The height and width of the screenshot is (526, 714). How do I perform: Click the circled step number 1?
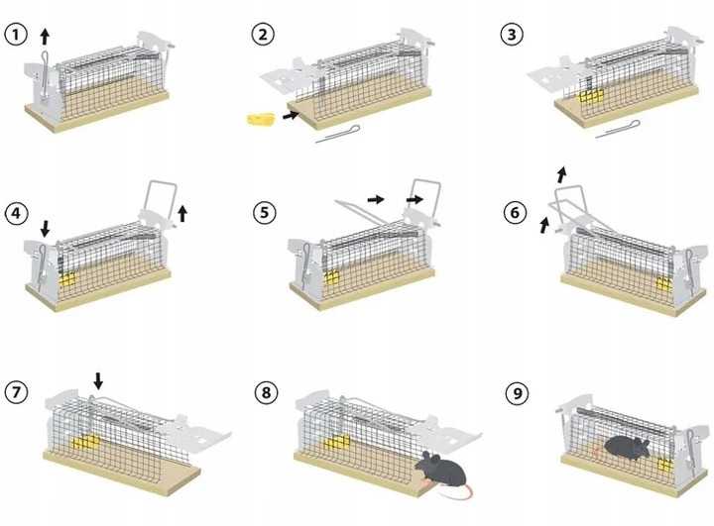coord(15,36)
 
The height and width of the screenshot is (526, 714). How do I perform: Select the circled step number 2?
coord(262,36)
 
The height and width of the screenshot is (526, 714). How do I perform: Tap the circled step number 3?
coord(512,36)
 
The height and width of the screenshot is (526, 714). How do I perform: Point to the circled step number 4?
coord(15,213)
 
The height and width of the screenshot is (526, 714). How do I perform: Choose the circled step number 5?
coord(262,213)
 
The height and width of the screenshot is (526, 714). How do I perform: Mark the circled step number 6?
coord(512,213)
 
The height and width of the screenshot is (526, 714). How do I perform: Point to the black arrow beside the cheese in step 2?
coord(289,116)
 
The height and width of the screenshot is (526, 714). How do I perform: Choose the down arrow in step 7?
coord(97,379)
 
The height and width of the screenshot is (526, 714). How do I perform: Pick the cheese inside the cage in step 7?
coord(89,442)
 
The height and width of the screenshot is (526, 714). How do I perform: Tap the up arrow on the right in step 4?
coord(182,212)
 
